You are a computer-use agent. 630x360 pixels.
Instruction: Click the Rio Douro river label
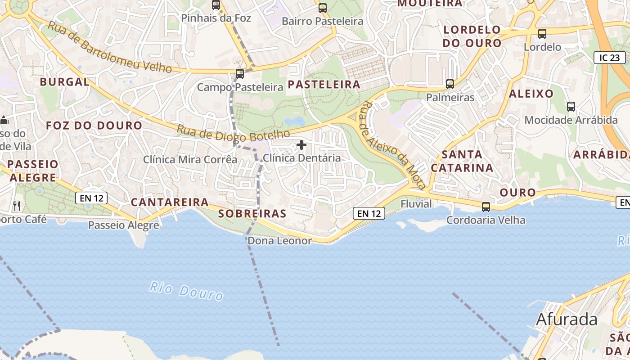[x=186, y=291]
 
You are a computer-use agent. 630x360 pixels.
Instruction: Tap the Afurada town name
[x=567, y=319]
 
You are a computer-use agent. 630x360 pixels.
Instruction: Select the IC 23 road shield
[x=610, y=58]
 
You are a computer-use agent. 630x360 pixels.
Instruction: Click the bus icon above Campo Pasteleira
[x=240, y=73]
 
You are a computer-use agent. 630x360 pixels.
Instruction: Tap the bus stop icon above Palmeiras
[x=450, y=84]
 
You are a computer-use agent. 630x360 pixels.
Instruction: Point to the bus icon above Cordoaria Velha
[x=486, y=207]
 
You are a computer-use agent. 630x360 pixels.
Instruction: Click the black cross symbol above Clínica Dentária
[x=301, y=145]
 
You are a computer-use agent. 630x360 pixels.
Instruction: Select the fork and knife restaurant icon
[x=17, y=206]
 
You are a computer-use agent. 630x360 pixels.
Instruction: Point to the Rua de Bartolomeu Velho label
[x=109, y=47]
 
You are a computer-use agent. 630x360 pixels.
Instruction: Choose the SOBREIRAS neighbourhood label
[x=252, y=214]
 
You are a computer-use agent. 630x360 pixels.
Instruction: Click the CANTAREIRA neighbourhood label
[x=170, y=202]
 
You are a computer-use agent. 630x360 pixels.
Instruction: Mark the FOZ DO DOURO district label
[x=94, y=126]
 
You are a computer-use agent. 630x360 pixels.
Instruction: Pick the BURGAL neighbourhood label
[x=65, y=82]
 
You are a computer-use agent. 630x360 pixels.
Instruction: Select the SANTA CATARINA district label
[x=462, y=161]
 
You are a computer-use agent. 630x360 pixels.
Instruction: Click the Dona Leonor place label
[x=279, y=241]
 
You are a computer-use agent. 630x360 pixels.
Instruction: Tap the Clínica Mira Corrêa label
[x=190, y=159]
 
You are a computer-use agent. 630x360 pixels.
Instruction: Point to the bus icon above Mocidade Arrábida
[x=571, y=107]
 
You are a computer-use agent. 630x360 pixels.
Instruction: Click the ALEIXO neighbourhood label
[x=531, y=94]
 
